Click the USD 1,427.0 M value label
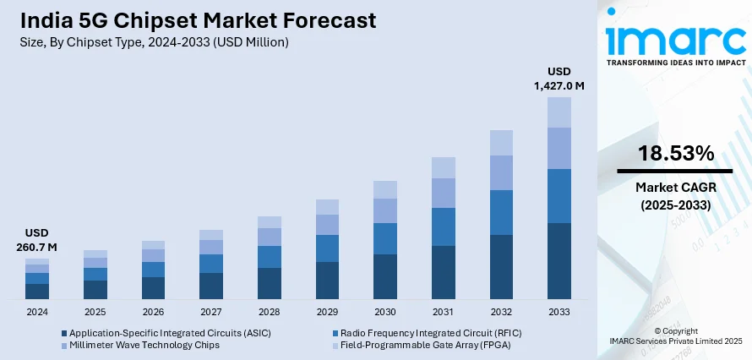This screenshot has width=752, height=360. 559,78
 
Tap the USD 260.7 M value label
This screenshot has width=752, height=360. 36,240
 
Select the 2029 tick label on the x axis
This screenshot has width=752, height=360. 327,312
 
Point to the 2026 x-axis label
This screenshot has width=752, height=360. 153,312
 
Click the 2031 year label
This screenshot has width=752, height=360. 444,312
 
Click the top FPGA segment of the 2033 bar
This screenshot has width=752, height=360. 559,112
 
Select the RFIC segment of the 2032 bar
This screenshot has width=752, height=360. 501,212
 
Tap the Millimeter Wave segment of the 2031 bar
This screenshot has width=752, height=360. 444,193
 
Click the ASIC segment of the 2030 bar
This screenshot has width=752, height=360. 385,276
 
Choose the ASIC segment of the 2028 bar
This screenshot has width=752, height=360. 270,283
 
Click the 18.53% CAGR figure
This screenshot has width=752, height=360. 674,153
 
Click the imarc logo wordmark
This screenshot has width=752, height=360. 674,38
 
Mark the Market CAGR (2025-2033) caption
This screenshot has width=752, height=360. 674,197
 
